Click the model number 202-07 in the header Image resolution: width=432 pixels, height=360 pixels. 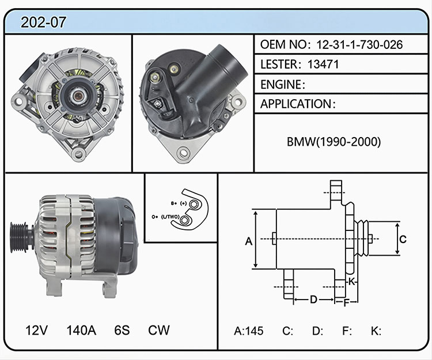click(x=43, y=22)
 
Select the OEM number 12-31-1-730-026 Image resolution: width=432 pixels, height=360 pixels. click(x=359, y=44)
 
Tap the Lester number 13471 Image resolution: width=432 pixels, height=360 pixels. click(x=323, y=65)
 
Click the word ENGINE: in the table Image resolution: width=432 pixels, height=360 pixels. click(x=283, y=85)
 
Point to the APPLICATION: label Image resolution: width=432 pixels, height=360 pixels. click(x=298, y=104)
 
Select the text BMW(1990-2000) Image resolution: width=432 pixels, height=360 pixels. click(x=334, y=142)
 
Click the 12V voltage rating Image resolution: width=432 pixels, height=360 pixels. click(x=36, y=330)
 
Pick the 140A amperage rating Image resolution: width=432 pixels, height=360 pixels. click(x=81, y=330)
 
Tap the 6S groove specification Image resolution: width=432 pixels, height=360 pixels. click(x=122, y=330)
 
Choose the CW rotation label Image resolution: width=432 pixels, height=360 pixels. click(x=159, y=330)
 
